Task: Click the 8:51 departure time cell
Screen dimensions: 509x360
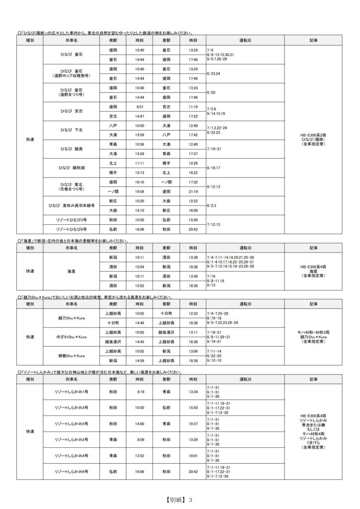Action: pos(140,107)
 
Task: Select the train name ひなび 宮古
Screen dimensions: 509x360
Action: pos(72,111)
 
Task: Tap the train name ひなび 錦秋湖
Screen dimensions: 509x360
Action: pos(72,168)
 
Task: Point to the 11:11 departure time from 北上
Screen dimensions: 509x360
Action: pos(140,163)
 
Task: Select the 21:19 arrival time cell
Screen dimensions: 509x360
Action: pos(193,191)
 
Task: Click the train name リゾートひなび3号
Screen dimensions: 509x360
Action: pos(72,220)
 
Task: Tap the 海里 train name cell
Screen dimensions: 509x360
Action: pos(72,271)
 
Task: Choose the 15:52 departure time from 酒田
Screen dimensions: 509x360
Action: pos(140,286)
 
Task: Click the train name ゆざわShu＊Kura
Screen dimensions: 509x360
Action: pos(72,337)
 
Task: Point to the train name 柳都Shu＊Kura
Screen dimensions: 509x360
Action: pos(72,356)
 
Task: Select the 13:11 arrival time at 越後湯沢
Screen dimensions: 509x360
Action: pos(193,333)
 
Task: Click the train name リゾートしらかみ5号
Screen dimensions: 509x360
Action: pos(72,424)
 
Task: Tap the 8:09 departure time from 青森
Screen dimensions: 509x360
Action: pos(140,440)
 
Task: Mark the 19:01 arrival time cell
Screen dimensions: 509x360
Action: pos(193,456)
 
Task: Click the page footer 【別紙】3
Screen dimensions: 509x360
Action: pos(180,500)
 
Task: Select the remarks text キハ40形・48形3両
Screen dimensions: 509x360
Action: pos(313,332)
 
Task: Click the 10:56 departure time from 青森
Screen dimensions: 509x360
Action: pos(140,144)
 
